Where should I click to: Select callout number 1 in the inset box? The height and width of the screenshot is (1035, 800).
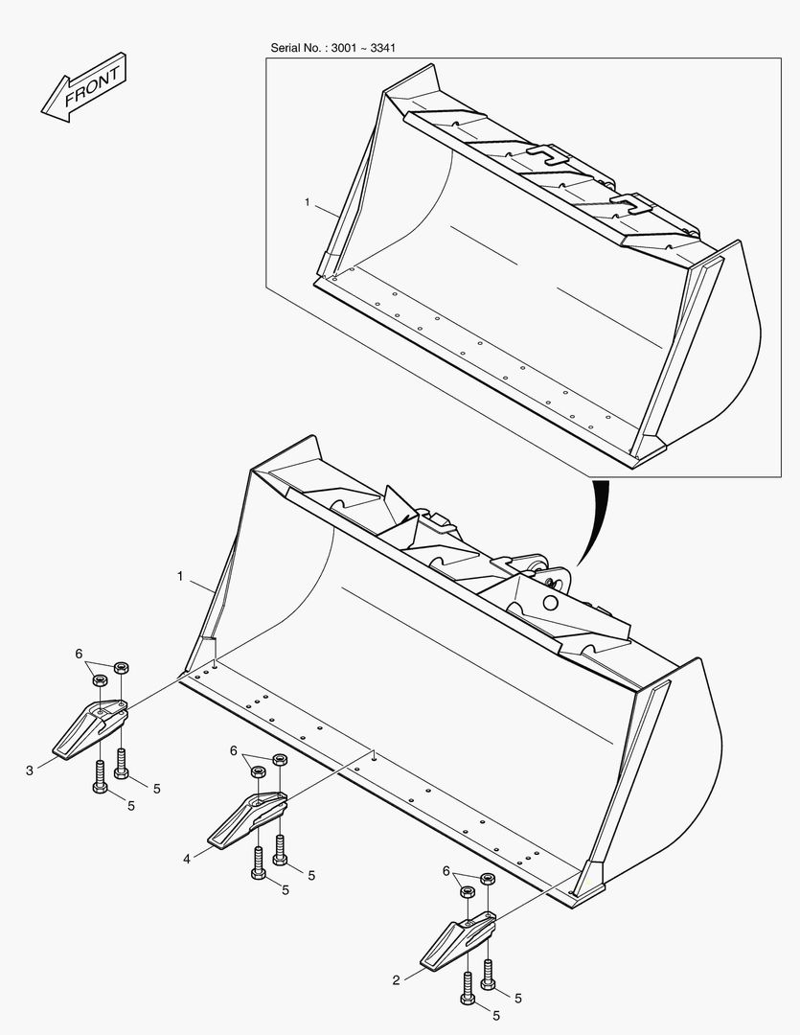tap(308, 202)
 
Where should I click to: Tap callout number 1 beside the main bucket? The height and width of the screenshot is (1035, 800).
tap(179, 576)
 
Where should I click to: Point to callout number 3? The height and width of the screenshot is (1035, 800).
tap(30, 770)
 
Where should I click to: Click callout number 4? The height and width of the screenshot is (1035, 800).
tap(187, 860)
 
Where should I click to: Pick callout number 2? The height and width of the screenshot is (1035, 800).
tap(396, 980)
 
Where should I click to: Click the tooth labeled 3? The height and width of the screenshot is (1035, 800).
tap(88, 728)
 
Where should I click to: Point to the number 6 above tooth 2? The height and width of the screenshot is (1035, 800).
tap(446, 870)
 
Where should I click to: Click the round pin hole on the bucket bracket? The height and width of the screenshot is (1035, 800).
tap(550, 604)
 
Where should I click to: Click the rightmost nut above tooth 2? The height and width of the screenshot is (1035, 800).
tap(488, 879)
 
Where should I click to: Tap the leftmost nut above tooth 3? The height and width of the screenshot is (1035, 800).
tap(100, 679)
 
